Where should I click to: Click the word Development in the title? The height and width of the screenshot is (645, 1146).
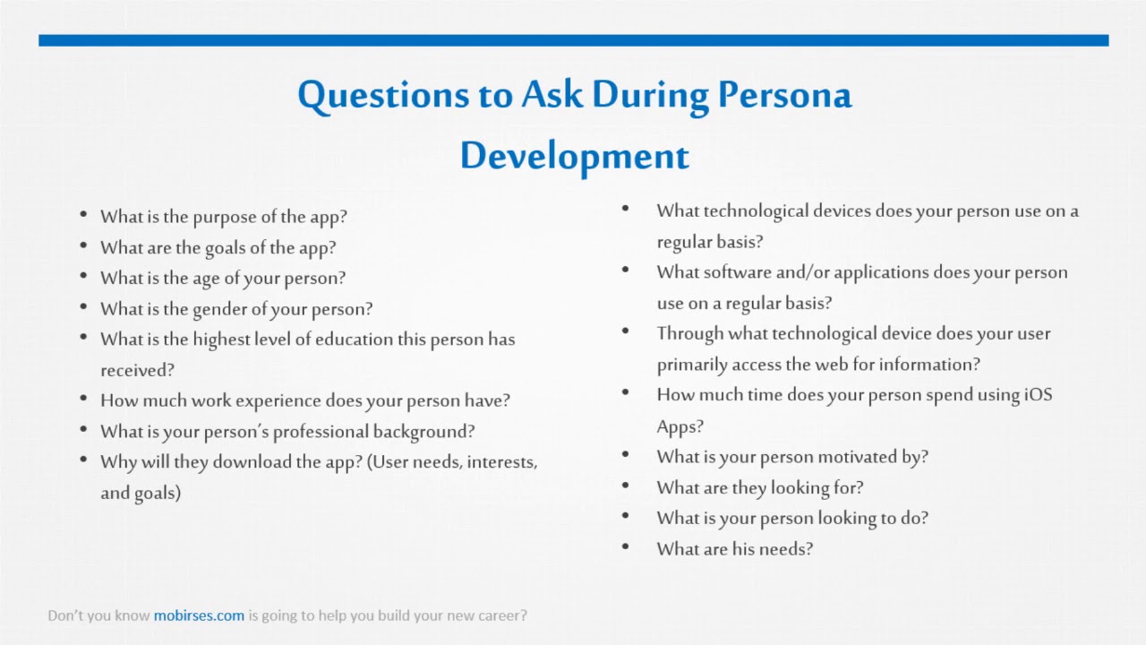[x=574, y=156]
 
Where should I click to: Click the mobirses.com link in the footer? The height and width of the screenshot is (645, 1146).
[x=199, y=615]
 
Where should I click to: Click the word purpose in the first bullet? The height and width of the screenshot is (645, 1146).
[x=223, y=217]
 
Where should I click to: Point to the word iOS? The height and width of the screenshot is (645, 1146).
[x=1038, y=395]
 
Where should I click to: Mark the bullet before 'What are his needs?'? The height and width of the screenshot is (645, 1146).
[x=625, y=546]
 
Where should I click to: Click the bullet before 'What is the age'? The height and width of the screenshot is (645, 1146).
[x=83, y=276]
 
